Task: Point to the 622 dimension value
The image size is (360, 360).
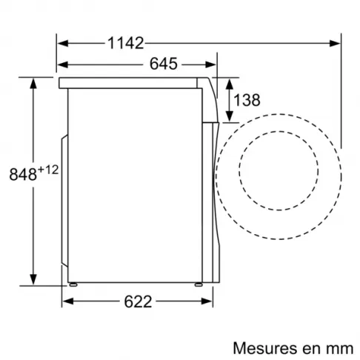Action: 137,302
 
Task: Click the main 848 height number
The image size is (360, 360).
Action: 23,176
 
